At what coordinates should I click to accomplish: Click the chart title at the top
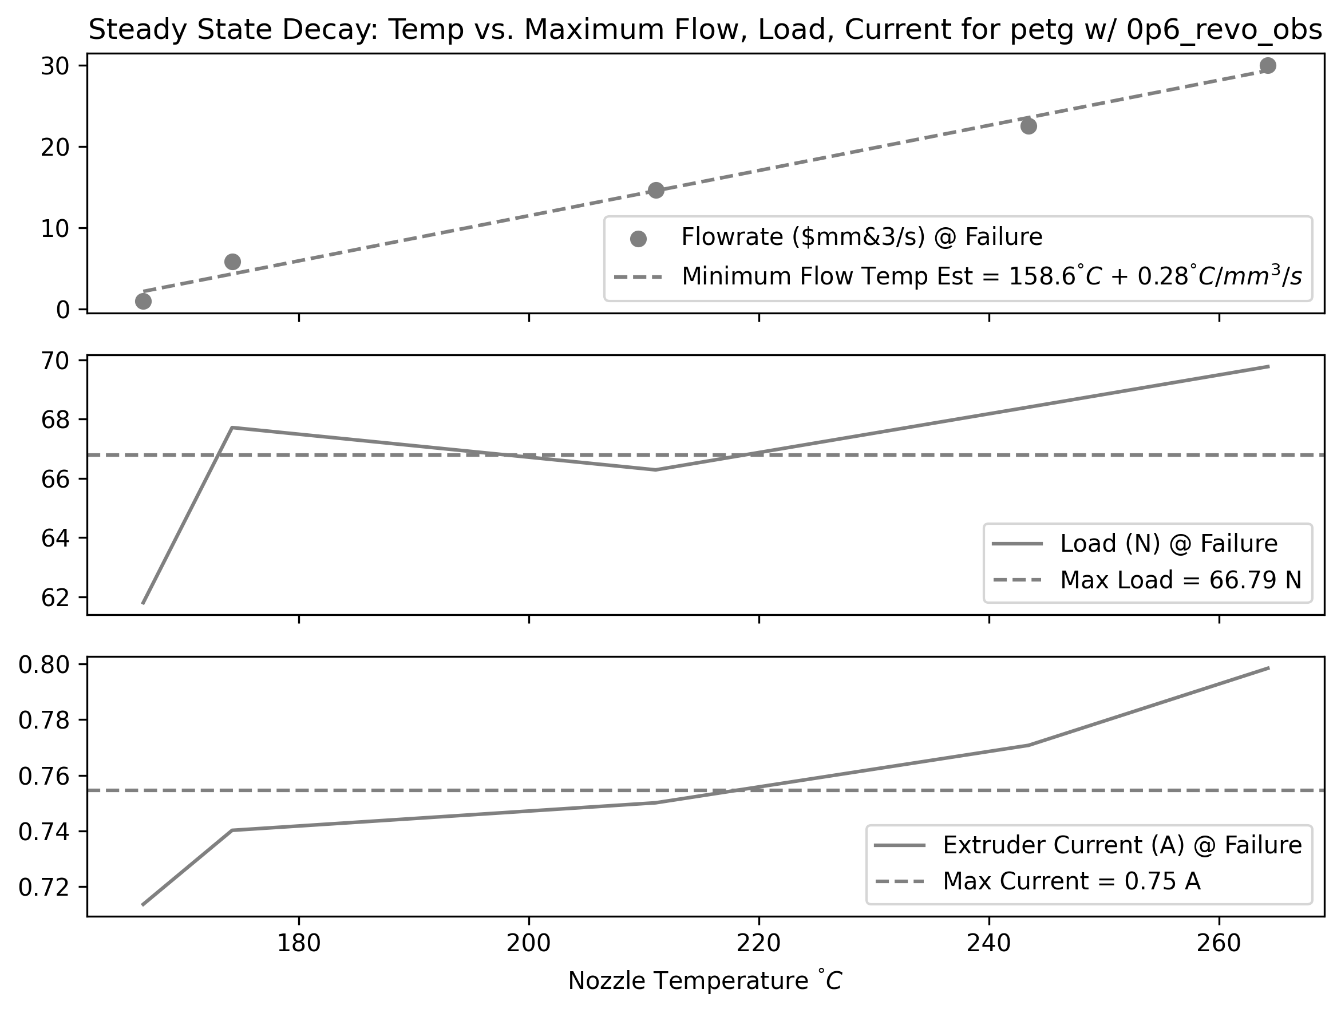[705, 30]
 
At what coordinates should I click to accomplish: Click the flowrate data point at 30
[1267, 65]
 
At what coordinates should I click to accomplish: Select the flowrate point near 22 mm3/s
[1028, 126]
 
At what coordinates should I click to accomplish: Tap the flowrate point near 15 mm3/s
[656, 191]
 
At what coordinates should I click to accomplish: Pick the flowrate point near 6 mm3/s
[232, 262]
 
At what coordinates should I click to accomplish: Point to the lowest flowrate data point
[143, 301]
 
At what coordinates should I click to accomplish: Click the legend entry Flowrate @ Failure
[861, 237]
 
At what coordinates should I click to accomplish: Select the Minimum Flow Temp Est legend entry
[991, 276]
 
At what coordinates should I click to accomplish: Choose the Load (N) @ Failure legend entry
[1168, 543]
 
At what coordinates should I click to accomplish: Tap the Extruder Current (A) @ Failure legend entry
[1122, 845]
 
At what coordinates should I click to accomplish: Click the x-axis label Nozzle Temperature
[705, 981]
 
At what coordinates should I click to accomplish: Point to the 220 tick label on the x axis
[759, 944]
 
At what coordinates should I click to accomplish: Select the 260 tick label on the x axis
[1219, 944]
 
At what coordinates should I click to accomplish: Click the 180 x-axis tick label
[299, 944]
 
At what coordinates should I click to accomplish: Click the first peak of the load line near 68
[232, 428]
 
